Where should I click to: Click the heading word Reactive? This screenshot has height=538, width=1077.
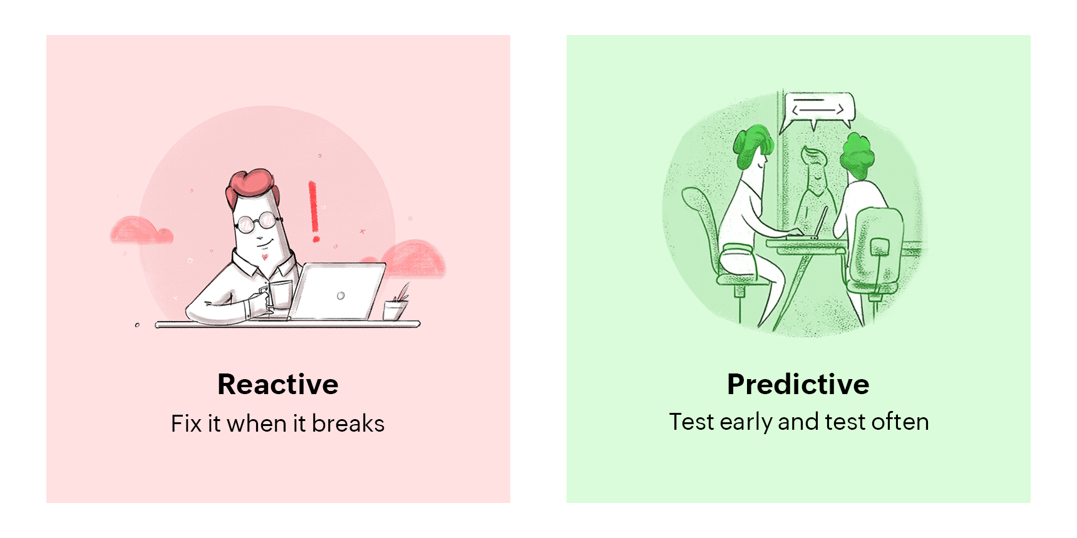(x=278, y=384)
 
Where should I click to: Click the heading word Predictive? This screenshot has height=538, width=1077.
(x=798, y=384)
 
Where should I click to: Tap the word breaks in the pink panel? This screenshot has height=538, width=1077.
(x=348, y=424)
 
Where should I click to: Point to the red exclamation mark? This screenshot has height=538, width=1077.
(x=314, y=211)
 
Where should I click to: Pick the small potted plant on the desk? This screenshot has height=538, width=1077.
(x=396, y=303)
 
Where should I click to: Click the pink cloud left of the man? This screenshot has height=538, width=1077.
(x=142, y=230)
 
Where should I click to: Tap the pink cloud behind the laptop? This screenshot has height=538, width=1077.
(x=413, y=258)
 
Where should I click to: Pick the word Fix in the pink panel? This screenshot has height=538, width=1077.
(x=186, y=424)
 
